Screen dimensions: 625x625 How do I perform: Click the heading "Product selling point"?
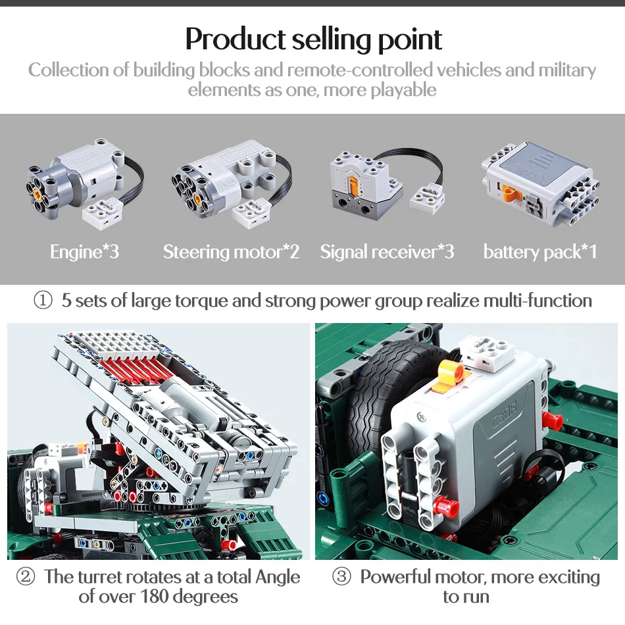[313, 39]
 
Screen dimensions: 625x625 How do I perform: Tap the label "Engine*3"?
[85, 252]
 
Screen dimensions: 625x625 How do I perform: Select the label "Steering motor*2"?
[231, 252]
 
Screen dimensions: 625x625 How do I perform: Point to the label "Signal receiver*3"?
[387, 252]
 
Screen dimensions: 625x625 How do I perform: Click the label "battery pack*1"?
[540, 252]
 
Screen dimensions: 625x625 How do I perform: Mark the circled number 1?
[43, 301]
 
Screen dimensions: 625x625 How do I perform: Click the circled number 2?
[25, 578]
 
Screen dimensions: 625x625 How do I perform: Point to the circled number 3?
[341, 578]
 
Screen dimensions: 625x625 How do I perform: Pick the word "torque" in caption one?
[201, 301]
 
